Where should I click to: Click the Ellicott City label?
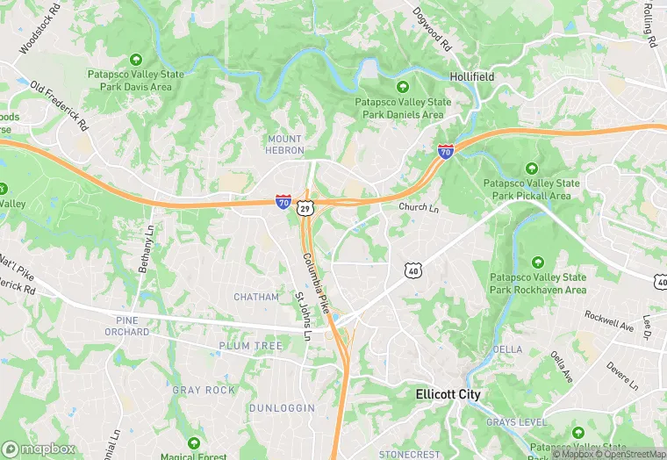click(x=448, y=395)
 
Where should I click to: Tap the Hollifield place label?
click(x=471, y=77)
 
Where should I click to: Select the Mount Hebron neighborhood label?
click(x=283, y=145)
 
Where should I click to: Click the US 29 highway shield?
click(x=304, y=207)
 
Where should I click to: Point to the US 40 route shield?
click(x=413, y=270)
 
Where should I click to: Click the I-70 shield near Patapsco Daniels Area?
click(x=446, y=152)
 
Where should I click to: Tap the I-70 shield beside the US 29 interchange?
click(x=283, y=202)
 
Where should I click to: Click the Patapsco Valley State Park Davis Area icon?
click(x=135, y=60)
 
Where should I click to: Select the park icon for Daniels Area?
click(x=403, y=87)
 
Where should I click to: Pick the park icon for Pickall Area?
click(x=531, y=169)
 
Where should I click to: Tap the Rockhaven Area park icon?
click(x=537, y=262)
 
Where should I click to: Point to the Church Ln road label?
click(x=418, y=208)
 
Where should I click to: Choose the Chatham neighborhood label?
click(x=256, y=298)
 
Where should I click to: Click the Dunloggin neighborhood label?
click(x=276, y=408)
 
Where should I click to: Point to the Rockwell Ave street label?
click(x=609, y=320)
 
